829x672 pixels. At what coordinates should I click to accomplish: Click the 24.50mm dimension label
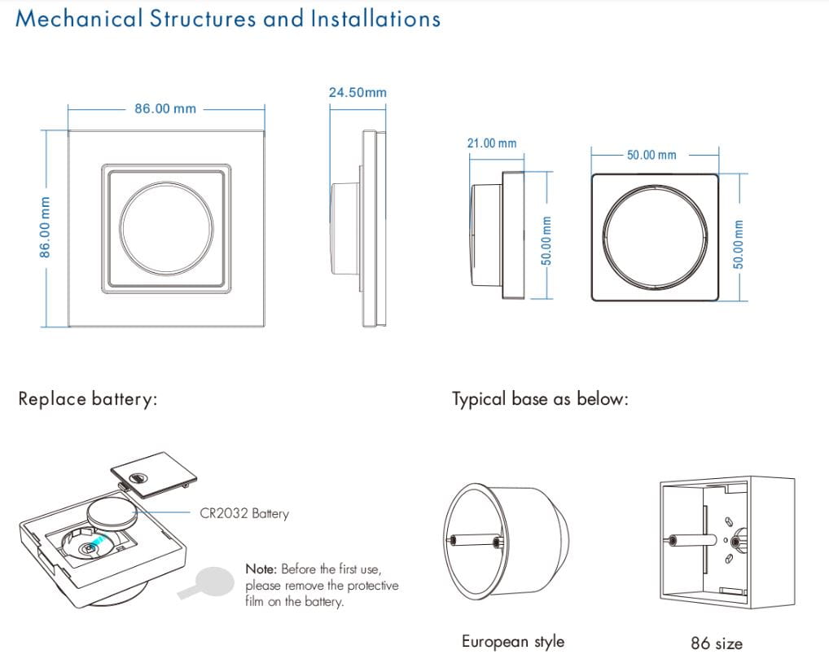point(357,93)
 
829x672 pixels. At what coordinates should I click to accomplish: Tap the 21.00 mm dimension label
point(491,143)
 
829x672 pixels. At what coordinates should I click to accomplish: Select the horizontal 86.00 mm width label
point(165,108)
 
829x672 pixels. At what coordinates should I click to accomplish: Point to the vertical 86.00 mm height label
point(46,227)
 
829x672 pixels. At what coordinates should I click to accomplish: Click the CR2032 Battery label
point(244,513)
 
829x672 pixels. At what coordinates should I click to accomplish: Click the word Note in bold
point(261,569)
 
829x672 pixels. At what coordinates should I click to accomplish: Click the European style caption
point(512,642)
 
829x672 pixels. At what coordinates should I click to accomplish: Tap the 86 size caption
point(717,643)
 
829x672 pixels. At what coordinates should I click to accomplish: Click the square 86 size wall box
point(725,542)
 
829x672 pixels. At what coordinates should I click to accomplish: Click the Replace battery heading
point(87,399)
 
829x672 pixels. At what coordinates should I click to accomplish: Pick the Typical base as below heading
point(540,399)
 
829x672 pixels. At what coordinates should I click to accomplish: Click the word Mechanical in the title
point(79,19)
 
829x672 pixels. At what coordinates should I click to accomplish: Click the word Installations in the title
point(375,19)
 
